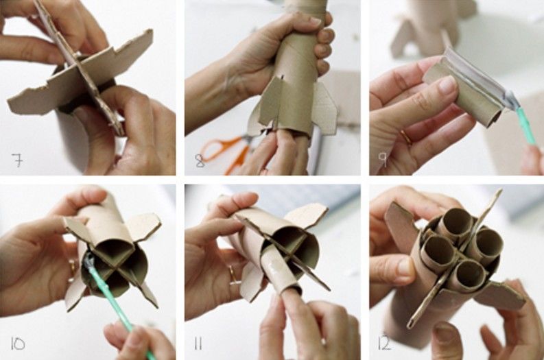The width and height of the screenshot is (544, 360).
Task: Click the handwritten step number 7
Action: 18,160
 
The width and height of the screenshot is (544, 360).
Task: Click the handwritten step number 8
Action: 200,160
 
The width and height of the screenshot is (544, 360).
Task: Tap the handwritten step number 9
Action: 383,160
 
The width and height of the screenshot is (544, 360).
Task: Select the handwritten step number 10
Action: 18,344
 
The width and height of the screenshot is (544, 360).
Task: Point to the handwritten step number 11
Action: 198,344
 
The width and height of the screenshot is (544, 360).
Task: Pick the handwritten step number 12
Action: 385,344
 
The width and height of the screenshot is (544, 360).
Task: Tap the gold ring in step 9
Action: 407,137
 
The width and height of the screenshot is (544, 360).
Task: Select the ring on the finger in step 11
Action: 234,275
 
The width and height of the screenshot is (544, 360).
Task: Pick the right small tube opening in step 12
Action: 488,243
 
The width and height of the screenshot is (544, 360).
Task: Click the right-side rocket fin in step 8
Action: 325,108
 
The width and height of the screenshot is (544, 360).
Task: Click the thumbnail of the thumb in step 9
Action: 448,86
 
